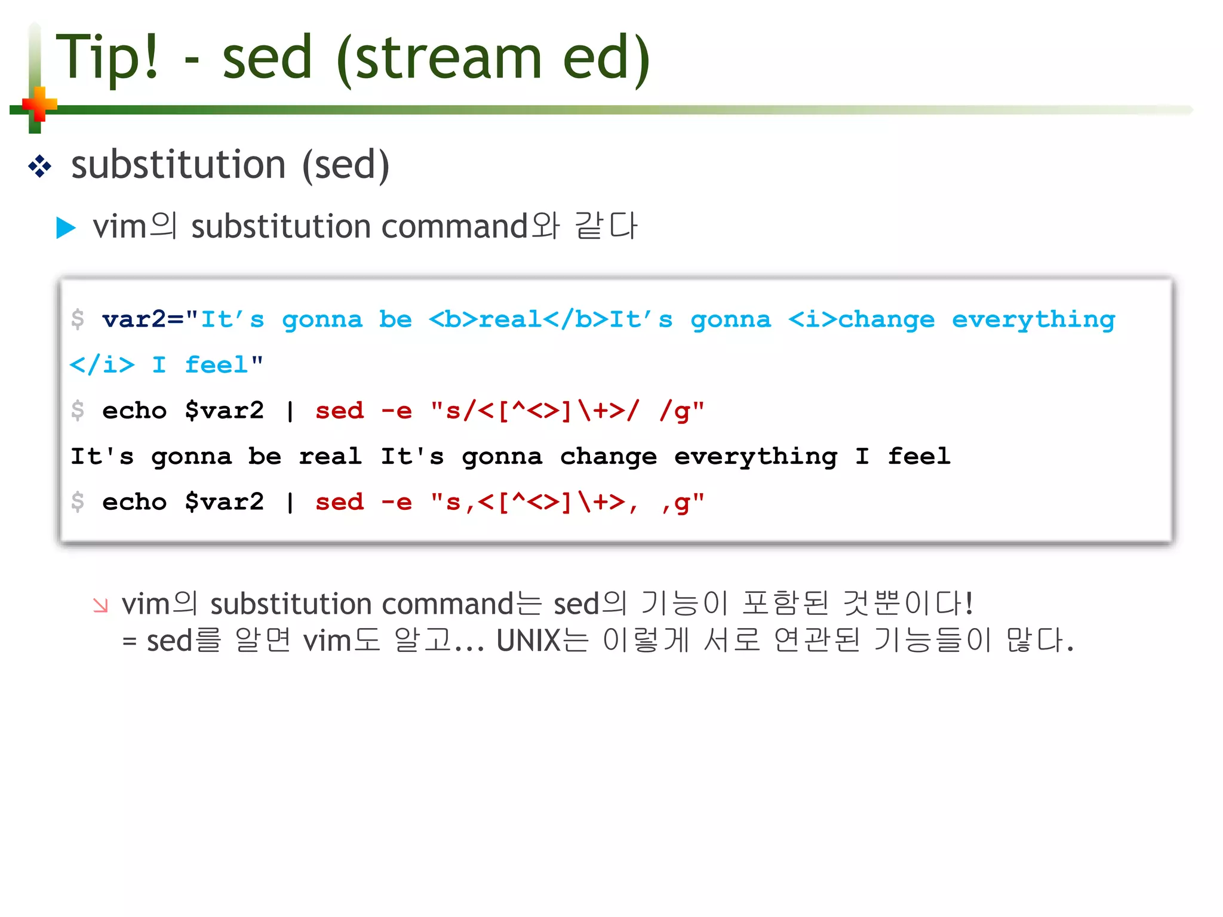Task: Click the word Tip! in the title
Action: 107,58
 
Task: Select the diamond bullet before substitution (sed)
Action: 39,166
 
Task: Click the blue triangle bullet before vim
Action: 66,227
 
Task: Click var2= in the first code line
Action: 142,319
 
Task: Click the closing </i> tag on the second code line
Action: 102,365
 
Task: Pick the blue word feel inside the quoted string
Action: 216,365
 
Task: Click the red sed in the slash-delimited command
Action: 339,411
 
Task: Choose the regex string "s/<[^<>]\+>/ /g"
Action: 567,411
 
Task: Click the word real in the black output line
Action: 330,457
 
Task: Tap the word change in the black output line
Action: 609,457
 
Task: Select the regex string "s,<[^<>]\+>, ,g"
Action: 567,503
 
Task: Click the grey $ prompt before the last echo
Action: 78,501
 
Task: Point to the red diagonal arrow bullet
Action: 100,605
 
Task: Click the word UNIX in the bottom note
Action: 528,641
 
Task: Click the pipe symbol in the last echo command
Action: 290,503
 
